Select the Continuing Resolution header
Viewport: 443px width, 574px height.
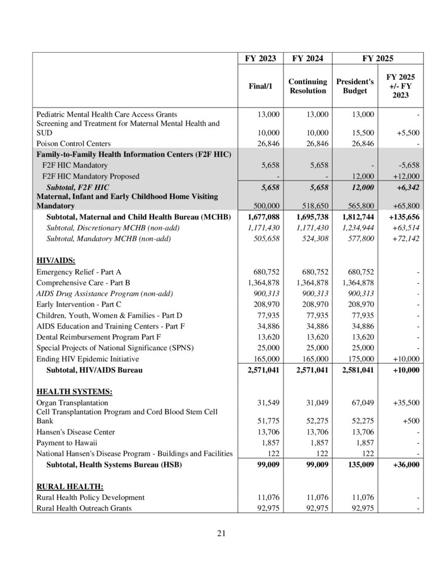coord(307,86)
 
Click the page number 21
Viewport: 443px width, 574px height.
coord(221,533)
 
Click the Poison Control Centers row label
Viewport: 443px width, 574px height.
coord(73,144)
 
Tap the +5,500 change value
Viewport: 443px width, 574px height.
coord(408,133)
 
